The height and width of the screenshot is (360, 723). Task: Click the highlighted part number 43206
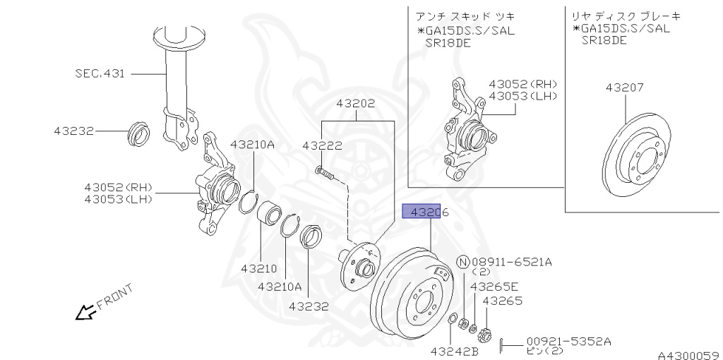421,211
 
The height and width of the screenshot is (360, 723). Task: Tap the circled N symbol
462,262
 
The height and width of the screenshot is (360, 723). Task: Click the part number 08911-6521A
512,262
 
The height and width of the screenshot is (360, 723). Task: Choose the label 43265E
494,287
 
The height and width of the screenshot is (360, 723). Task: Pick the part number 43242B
455,350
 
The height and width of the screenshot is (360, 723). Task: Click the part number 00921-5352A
568,341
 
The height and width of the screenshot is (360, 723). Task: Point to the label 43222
322,146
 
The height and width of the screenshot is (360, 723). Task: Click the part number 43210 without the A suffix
261,268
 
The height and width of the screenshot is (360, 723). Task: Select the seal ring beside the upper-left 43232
138,132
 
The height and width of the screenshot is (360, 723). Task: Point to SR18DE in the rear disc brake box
604,42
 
